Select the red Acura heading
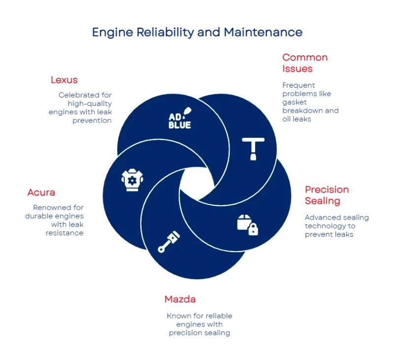[43, 193]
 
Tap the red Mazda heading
[180, 299]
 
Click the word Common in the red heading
[298, 58]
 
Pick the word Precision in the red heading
[327, 190]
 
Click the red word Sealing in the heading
[322, 201]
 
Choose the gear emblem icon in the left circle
[132, 181]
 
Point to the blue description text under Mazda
[198, 324]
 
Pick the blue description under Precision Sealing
[336, 226]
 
